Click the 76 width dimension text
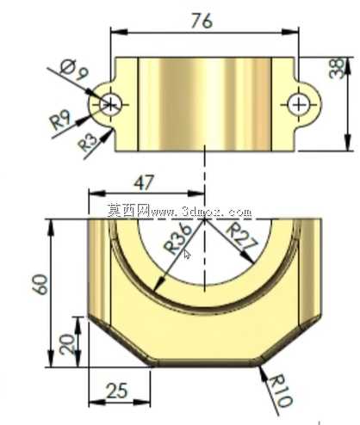(x=202, y=21)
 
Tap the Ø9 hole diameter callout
(x=73, y=70)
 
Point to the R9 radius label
(x=59, y=120)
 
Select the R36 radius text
(x=177, y=238)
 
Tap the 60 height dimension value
(x=40, y=285)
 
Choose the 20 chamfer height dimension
(x=67, y=344)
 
